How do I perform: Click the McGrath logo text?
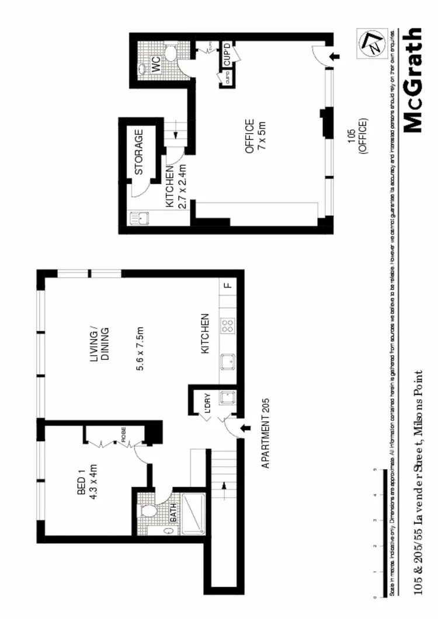tap(412, 80)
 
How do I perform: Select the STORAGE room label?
tap(139, 152)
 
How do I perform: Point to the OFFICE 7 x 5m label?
tap(255, 136)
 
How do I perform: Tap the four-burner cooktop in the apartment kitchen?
tap(228, 326)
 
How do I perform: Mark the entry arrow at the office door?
tap(333, 57)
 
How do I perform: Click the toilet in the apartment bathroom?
tap(151, 512)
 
